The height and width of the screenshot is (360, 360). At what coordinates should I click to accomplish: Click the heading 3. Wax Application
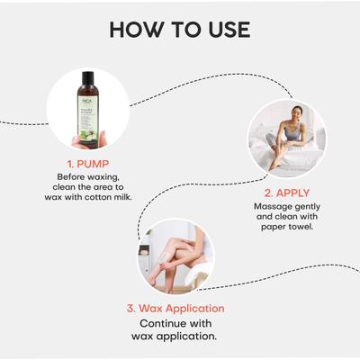(176, 308)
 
